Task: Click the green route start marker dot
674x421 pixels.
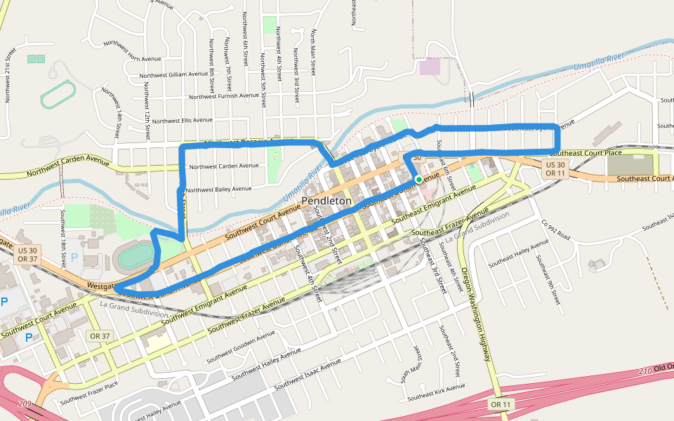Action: pyautogui.click(x=419, y=180)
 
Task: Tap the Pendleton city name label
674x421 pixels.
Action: pyautogui.click(x=326, y=201)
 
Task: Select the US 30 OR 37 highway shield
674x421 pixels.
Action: pyautogui.click(x=28, y=254)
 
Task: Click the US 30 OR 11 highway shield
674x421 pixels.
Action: pyautogui.click(x=555, y=169)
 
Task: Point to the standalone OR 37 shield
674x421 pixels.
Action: pyautogui.click(x=100, y=336)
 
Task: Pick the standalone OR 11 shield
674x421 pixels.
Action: pyautogui.click(x=501, y=404)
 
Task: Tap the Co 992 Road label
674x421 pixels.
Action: pyautogui.click(x=555, y=232)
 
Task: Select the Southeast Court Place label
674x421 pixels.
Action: pyautogui.click(x=586, y=152)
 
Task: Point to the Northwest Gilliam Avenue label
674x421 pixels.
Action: pyautogui.click(x=173, y=74)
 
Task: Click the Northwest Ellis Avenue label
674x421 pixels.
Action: pyautogui.click(x=182, y=120)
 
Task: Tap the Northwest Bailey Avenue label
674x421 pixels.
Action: pyautogui.click(x=218, y=189)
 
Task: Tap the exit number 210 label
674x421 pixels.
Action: pyautogui.click(x=646, y=370)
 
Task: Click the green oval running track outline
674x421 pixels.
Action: pyautogui.click(x=58, y=94)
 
